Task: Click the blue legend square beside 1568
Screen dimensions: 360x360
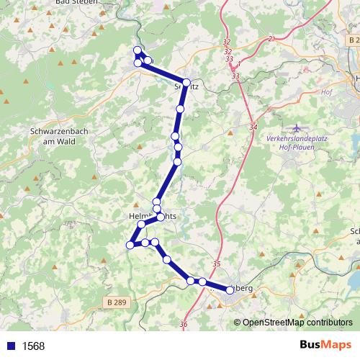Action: [x=12, y=346]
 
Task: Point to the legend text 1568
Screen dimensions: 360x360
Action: [x=34, y=346]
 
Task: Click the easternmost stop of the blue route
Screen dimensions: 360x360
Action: [x=230, y=289]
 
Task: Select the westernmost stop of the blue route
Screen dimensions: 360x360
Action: [x=130, y=245]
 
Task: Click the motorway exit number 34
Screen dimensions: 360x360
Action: [x=253, y=127]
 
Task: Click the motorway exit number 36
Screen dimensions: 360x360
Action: [x=184, y=325]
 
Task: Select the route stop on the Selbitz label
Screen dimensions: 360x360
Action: [x=186, y=83]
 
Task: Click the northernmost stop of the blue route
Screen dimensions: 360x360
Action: [x=138, y=50]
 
